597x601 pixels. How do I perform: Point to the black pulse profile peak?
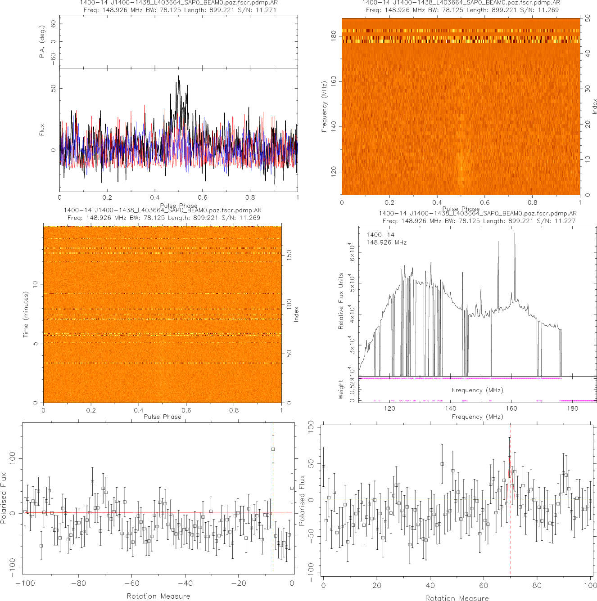pyautogui.click(x=178, y=77)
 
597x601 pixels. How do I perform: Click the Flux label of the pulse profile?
pyautogui.click(x=42, y=130)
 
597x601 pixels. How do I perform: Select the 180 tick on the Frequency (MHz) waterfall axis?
pyautogui.click(x=334, y=36)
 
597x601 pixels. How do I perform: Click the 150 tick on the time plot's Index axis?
pyautogui.click(x=289, y=255)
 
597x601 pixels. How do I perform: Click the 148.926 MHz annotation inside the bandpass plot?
pyautogui.click(x=386, y=242)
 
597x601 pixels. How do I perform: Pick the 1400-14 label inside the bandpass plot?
pyautogui.click(x=380, y=235)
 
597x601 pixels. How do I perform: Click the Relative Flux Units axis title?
pyautogui.click(x=341, y=300)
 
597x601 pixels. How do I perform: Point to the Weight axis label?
pyautogui.click(x=341, y=389)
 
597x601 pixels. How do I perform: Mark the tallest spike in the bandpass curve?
pyautogui.click(x=515, y=233)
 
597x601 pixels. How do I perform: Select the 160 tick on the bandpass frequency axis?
pyautogui.click(x=511, y=408)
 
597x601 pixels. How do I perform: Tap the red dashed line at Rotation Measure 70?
pyautogui.click(x=511, y=540)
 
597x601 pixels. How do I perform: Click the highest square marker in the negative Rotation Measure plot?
pyautogui.click(x=273, y=449)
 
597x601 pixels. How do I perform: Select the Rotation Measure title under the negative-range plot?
pyautogui.click(x=158, y=596)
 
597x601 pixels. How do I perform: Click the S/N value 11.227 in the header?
pyautogui.click(x=565, y=221)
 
